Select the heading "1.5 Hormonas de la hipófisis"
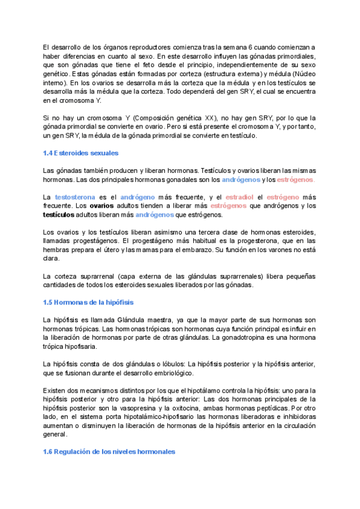[88, 302]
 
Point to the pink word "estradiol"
[238, 197]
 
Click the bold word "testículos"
[59, 215]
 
